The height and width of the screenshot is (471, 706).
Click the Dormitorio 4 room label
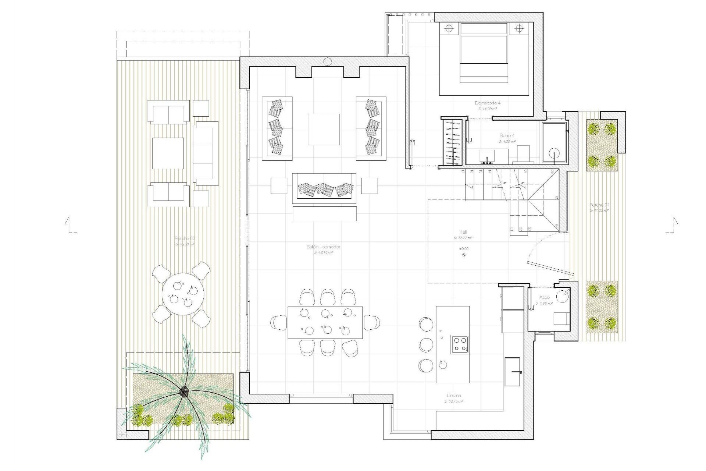coord(488,103)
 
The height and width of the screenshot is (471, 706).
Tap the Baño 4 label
coord(507,135)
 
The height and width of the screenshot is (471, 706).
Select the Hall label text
coord(463,232)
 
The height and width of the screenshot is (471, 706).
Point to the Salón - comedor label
coord(324,247)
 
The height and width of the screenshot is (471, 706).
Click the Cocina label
coord(453,396)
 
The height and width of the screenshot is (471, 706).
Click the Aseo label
coord(544,297)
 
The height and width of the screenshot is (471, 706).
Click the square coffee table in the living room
coord(324,129)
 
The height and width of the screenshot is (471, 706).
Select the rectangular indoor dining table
coord(325,322)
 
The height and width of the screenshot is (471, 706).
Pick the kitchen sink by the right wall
coord(513,372)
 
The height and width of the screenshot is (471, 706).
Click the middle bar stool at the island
coord(426,344)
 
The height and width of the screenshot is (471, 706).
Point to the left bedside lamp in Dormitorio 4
coord(449,28)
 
